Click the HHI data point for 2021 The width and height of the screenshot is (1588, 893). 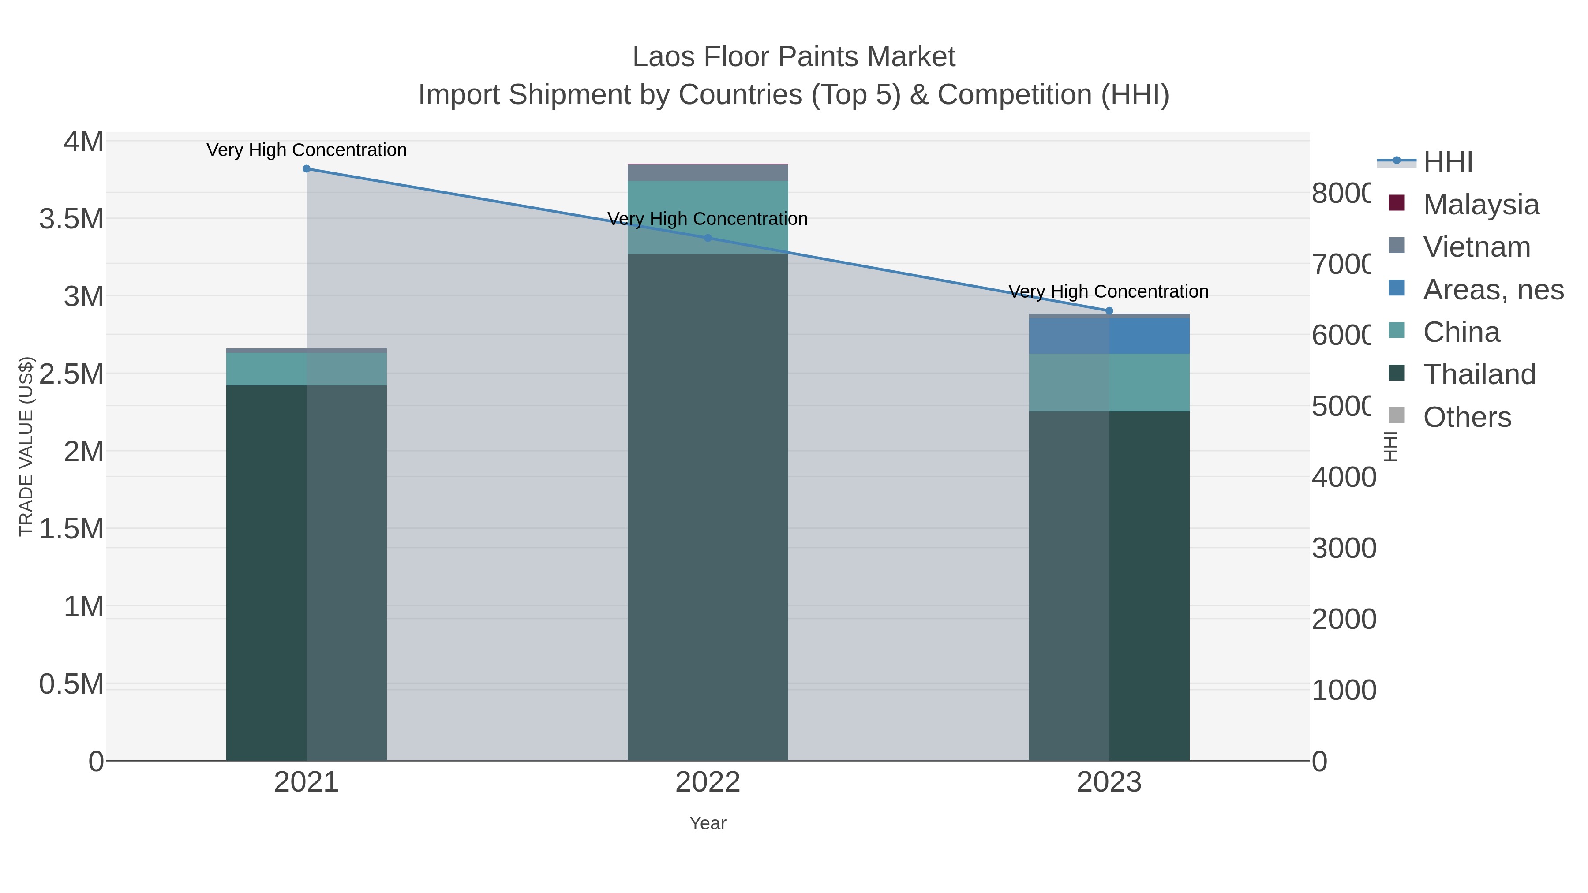pos(307,169)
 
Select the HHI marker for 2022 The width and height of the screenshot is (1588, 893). pos(708,238)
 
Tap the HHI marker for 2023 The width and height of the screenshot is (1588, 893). pos(1109,310)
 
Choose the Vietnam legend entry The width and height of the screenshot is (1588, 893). pos(1476,247)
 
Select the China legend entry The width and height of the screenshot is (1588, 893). pos(1461,332)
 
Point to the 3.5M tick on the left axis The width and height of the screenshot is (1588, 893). pos(71,219)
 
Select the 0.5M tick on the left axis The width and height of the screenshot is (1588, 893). pos(71,684)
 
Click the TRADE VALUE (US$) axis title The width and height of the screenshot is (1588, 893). pos(26,446)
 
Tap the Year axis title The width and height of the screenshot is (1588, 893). pos(708,823)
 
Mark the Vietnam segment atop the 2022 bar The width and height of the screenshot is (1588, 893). pos(708,172)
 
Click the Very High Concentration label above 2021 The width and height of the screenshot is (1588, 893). pos(307,150)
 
